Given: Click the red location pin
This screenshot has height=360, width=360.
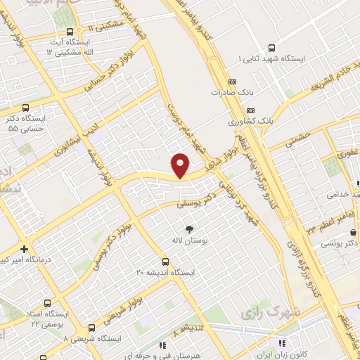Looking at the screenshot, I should pos(181,165).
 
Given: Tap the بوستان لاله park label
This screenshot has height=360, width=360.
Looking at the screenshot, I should pos(188,240).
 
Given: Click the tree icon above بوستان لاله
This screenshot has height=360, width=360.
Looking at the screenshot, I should pos(188,229).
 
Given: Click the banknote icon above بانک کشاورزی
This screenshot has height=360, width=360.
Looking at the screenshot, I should pos(251,110).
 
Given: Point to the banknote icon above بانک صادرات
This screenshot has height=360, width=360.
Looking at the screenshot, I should pos(233,81).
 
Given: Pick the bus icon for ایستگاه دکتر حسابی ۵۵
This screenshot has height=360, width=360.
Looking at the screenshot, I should pos(26,108).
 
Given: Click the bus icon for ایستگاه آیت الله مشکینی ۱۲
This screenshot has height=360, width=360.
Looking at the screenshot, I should pos(70,33).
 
